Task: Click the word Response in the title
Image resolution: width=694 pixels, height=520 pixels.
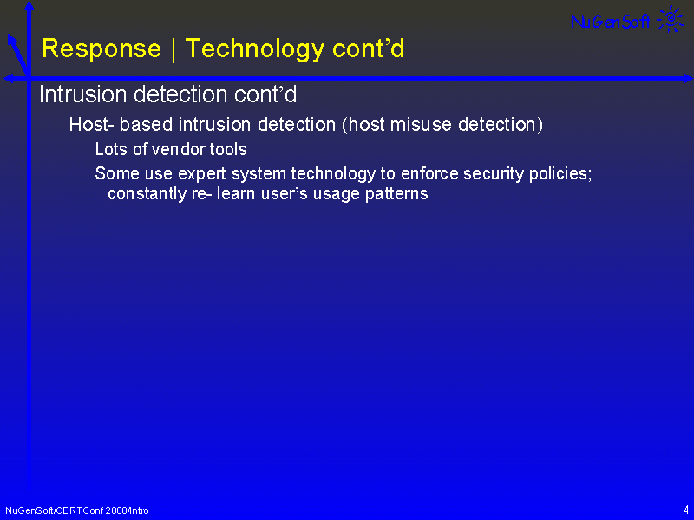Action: click(101, 49)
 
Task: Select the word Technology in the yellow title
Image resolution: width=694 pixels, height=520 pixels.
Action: click(255, 49)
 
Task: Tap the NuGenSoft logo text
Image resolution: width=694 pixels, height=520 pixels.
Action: click(611, 21)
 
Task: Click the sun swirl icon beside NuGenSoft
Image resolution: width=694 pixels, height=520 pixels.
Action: click(671, 19)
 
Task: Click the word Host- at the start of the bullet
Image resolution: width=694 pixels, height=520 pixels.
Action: click(92, 125)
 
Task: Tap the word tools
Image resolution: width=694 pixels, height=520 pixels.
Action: click(228, 149)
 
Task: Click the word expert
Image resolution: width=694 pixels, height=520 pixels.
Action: click(202, 174)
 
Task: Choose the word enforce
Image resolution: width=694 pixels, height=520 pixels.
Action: click(429, 174)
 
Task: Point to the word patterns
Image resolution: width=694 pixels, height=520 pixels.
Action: click(396, 194)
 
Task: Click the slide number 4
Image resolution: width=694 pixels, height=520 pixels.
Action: click(685, 510)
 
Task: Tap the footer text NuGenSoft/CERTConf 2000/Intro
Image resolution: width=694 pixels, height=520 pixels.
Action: click(77, 510)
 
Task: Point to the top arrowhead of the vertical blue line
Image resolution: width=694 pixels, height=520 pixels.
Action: click(29, 5)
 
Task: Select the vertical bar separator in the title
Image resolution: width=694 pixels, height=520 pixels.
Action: click(173, 49)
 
